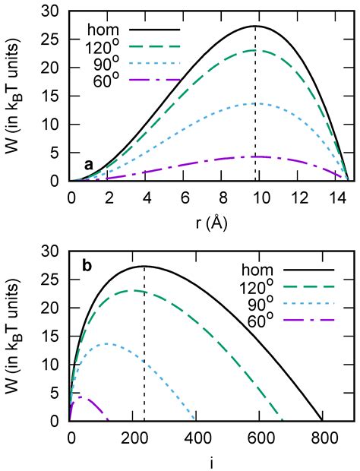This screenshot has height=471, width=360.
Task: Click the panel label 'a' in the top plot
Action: point(90,164)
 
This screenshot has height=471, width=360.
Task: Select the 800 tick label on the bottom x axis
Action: point(322,435)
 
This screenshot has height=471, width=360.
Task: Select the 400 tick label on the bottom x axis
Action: point(196,435)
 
